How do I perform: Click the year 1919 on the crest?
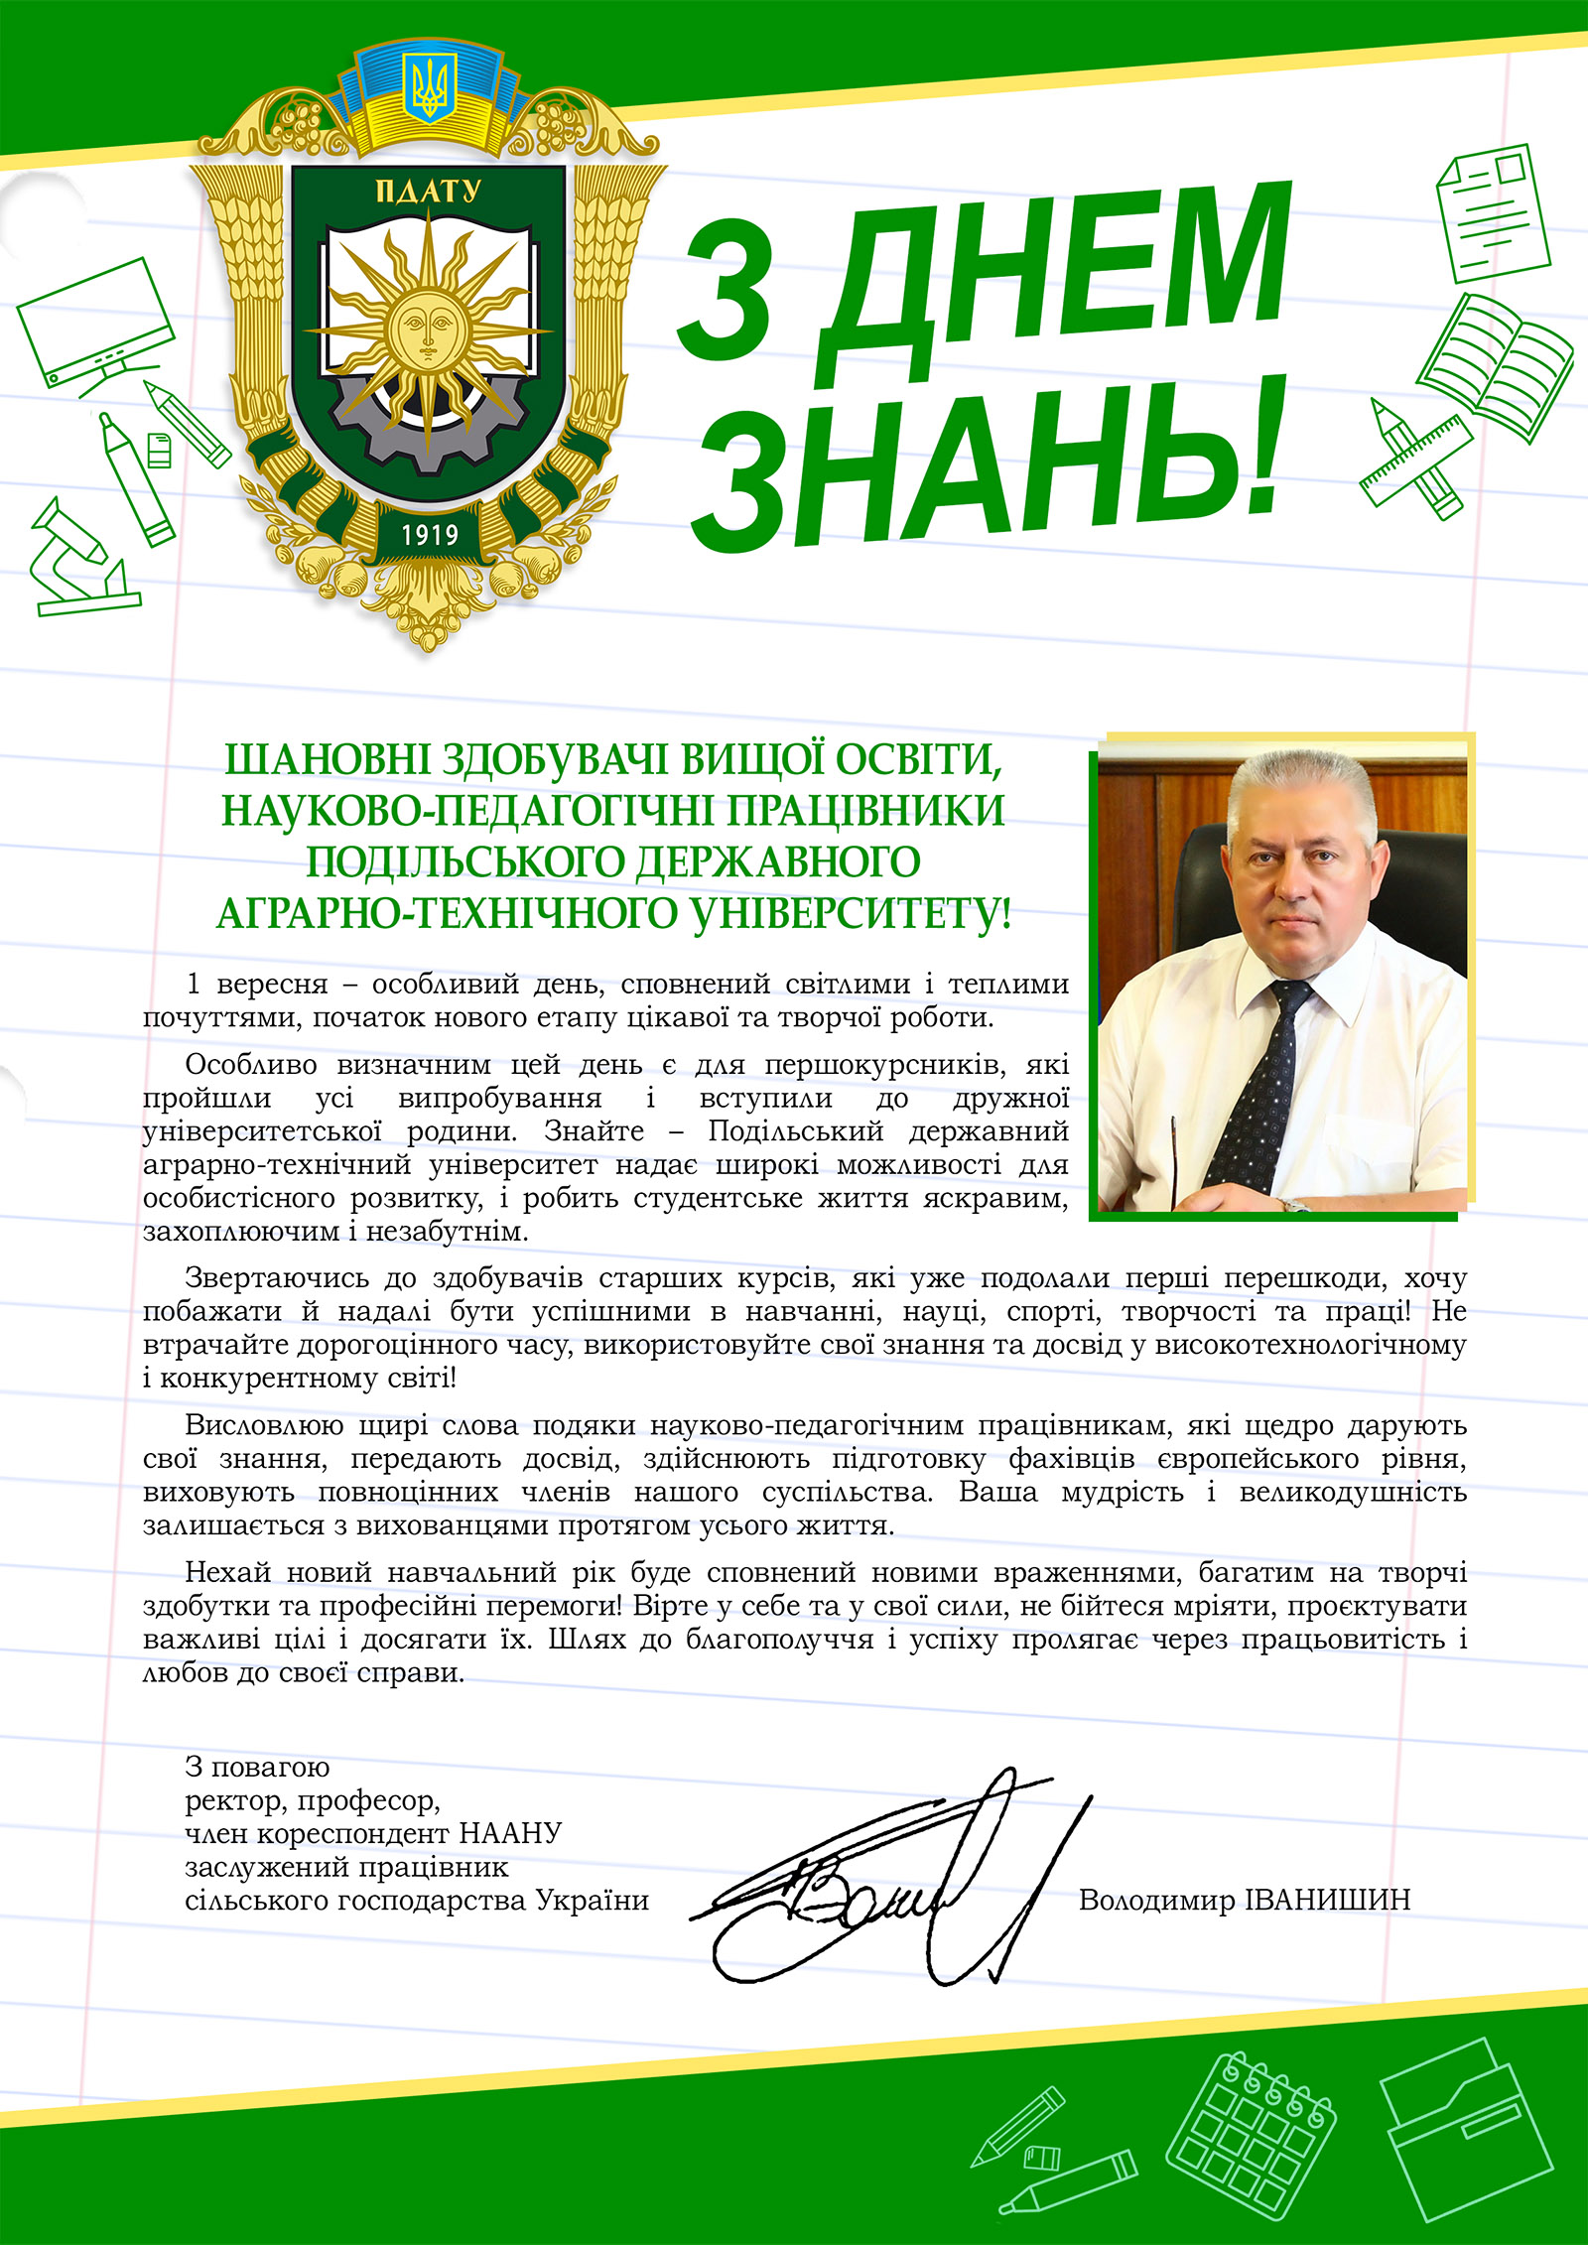click(x=430, y=535)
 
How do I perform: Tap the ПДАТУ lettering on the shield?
click(x=429, y=191)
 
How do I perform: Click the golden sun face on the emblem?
click(x=428, y=326)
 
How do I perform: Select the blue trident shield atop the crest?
click(x=429, y=87)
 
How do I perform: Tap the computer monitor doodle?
click(x=96, y=323)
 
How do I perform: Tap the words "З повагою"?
click(x=257, y=1767)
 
